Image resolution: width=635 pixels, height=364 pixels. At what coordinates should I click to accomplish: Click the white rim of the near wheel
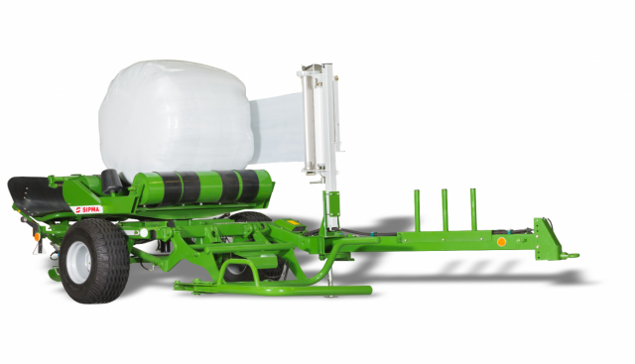click(x=79, y=262)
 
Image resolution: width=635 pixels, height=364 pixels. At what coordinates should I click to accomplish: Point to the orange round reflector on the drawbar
click(x=501, y=242)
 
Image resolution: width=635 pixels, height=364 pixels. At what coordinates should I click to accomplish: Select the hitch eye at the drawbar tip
click(x=572, y=255)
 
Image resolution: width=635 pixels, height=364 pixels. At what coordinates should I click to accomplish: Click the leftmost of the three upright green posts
click(x=417, y=210)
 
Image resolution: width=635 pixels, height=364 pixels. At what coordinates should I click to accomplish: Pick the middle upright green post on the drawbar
click(x=444, y=209)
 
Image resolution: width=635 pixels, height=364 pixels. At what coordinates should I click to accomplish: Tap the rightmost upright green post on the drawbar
click(x=472, y=209)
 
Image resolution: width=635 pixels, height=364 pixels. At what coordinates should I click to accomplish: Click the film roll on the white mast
click(x=310, y=121)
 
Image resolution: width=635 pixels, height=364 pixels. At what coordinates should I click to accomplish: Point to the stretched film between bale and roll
click(x=277, y=129)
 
